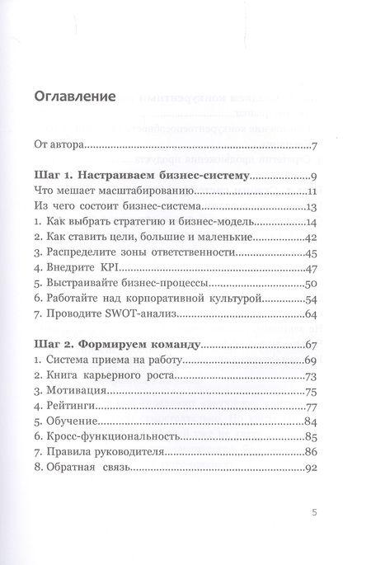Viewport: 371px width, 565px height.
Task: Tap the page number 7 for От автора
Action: click(316, 148)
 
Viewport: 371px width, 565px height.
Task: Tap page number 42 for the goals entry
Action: click(312, 238)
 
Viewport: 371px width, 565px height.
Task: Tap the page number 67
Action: click(312, 344)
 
